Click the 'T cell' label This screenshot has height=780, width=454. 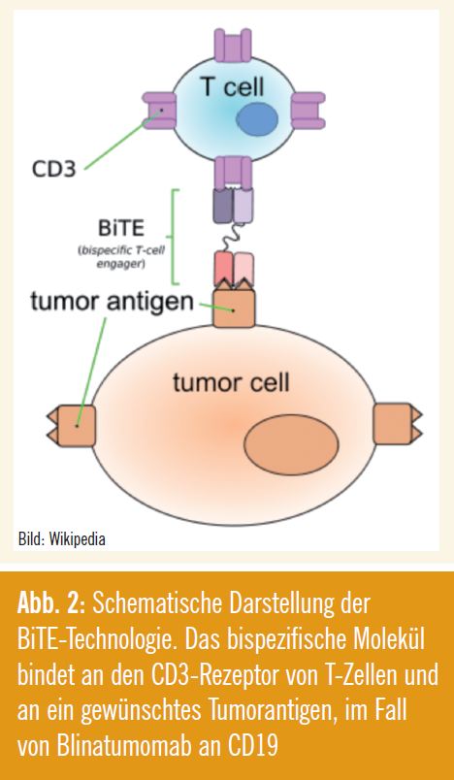(232, 87)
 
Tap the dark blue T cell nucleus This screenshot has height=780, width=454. (257, 119)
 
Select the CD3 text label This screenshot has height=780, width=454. (54, 169)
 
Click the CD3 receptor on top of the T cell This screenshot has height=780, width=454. (233, 46)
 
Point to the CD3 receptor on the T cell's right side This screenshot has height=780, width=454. (308, 110)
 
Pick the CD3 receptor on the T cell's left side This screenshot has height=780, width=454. (159, 110)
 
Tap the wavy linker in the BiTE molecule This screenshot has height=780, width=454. (233, 238)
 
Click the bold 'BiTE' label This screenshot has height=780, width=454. (122, 228)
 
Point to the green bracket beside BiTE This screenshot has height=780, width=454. (174, 237)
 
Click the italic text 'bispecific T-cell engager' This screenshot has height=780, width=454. (121, 257)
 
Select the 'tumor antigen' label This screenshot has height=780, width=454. (112, 302)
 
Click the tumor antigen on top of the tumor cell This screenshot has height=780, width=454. (234, 306)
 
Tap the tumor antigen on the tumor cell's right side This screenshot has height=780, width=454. (398, 423)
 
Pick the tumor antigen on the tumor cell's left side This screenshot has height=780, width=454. (71, 425)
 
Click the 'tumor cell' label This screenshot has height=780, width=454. (231, 383)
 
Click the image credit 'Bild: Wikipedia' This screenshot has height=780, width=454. (62, 539)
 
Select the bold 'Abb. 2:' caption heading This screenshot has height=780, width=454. (52, 603)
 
